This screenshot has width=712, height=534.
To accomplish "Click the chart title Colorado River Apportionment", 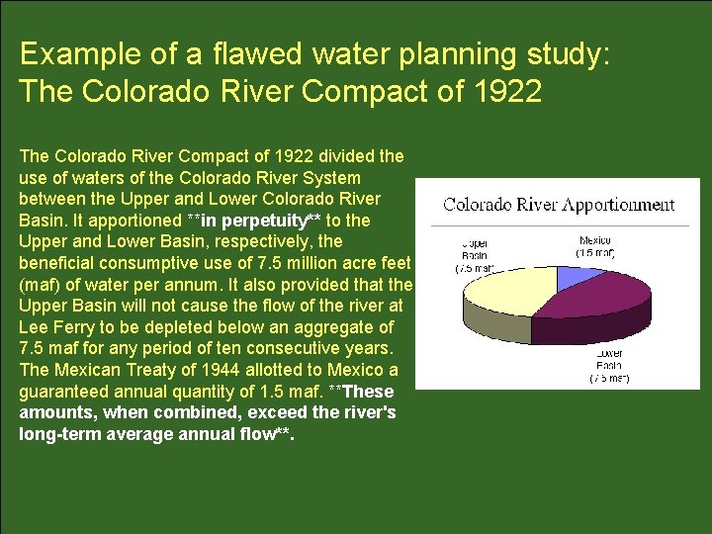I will pos(559,205).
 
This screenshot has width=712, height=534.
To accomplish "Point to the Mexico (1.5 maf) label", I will pos(595,246).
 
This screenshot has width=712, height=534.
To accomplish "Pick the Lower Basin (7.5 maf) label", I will pos(608,365).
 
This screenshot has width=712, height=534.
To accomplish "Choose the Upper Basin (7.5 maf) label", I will pos(476,254).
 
